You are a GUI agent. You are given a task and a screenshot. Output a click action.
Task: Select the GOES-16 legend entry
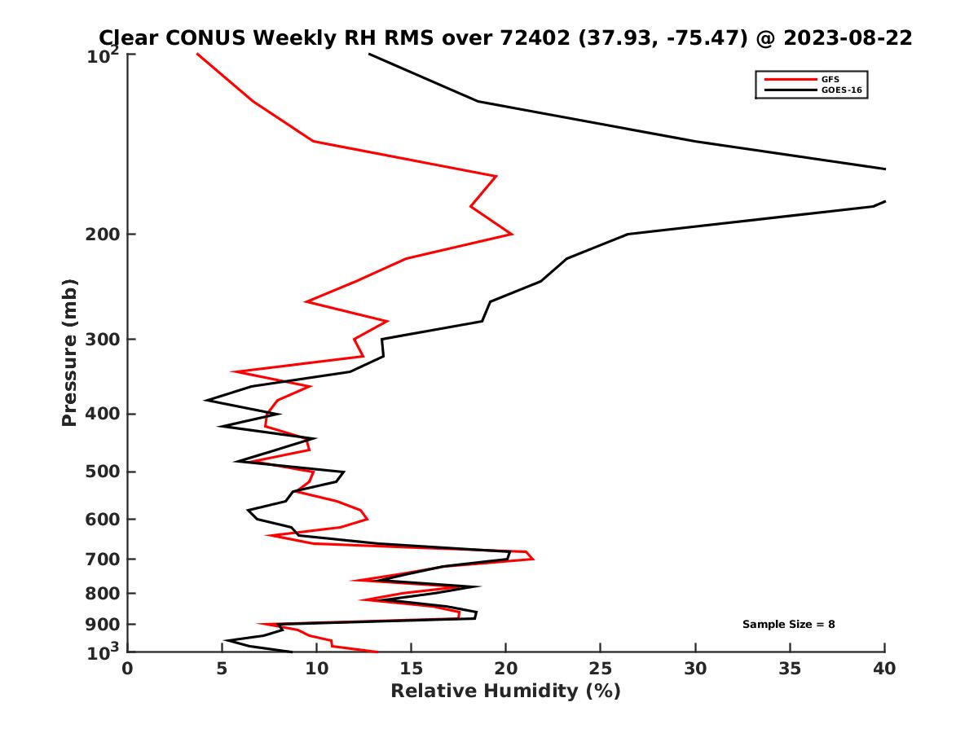point(840,90)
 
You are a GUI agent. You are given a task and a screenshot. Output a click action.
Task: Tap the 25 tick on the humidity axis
point(601,669)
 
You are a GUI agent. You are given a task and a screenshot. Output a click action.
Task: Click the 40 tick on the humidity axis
point(884,669)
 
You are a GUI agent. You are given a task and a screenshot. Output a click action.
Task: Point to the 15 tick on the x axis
point(412,669)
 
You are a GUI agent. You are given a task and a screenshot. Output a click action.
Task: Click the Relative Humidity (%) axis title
point(505,691)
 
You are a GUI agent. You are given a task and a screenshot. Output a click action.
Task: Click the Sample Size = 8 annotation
point(788,625)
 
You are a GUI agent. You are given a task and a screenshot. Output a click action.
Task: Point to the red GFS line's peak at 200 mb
point(512,234)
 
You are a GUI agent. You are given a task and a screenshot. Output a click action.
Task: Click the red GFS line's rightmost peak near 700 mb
point(534,559)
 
